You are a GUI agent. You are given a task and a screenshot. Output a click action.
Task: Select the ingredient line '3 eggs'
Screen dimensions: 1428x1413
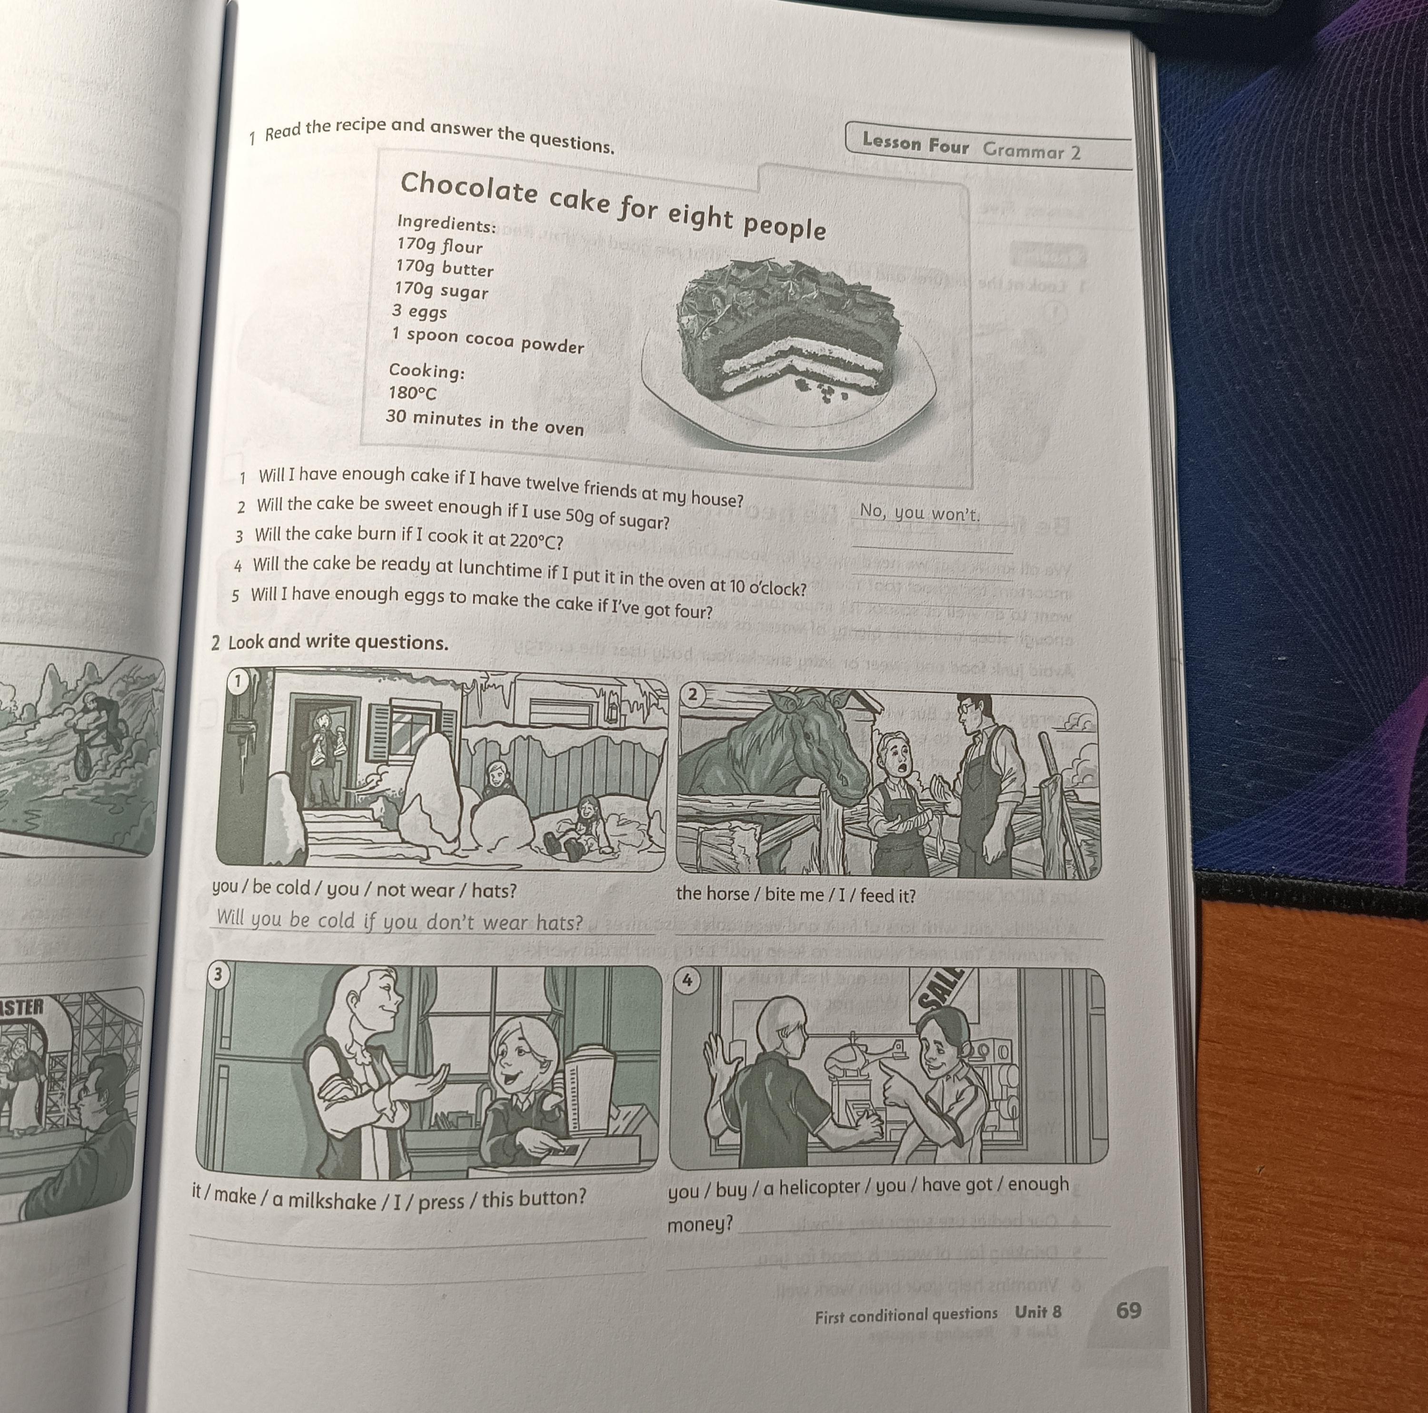click(420, 312)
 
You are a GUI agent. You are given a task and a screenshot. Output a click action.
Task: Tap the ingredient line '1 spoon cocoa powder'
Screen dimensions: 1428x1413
click(488, 341)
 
